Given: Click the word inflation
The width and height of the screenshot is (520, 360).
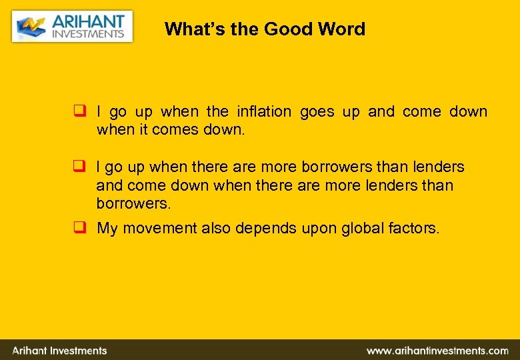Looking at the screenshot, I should [x=264, y=111].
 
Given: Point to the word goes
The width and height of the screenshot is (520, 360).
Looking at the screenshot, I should [x=317, y=112].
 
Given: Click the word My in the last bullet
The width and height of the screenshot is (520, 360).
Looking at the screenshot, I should [x=108, y=229].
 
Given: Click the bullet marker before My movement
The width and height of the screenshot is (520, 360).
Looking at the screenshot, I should [x=79, y=228].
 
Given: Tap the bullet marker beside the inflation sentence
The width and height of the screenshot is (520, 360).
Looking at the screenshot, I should [x=79, y=111].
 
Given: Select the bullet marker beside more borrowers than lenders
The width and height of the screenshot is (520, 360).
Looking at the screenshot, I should [x=79, y=166].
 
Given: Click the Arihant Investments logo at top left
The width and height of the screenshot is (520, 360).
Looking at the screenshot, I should [x=72, y=27].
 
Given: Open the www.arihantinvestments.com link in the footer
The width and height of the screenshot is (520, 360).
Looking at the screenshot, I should [x=437, y=350].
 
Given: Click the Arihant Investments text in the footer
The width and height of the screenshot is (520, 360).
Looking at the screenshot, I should [x=59, y=350].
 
